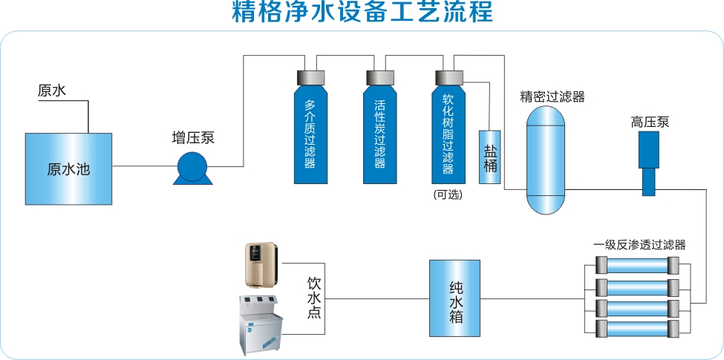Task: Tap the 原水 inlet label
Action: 52,91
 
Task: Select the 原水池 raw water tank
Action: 68,169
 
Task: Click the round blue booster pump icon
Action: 192,168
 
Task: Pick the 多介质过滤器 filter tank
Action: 310,134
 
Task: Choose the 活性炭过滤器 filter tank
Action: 379,134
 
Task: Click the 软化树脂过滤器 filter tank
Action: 448,134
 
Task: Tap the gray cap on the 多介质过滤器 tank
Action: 310,77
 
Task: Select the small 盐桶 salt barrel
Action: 490,157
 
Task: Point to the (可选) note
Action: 448,195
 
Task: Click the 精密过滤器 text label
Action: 552,96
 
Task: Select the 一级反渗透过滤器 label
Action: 639,244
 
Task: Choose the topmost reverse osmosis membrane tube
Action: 637,265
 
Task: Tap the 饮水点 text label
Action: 314,299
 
